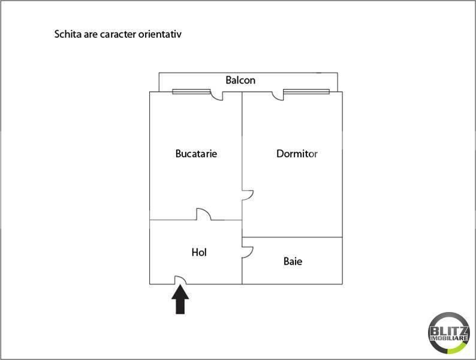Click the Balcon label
[240, 80]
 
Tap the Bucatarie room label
[196, 154]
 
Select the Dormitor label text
[297, 154]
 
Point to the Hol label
[199, 252]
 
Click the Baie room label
[293, 261]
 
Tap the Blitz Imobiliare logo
[449, 333]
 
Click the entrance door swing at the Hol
[180, 280]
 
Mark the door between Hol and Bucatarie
[204, 214]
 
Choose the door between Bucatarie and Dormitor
[248, 195]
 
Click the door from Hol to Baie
[248, 252]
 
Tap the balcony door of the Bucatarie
[217, 95]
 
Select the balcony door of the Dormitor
[278, 95]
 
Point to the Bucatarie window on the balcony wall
[191, 91]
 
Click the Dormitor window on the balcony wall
[306, 91]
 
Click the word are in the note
[91, 35]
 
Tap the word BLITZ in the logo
[449, 331]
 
